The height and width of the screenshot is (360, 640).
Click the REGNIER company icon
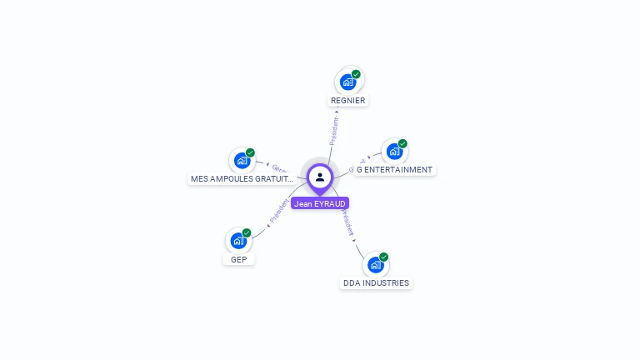(x=347, y=82)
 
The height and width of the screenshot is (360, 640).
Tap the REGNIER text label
(x=347, y=101)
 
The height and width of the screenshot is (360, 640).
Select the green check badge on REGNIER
(x=356, y=74)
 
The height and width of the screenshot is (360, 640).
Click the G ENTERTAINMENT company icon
(x=394, y=152)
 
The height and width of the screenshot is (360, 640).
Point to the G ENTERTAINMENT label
(x=394, y=170)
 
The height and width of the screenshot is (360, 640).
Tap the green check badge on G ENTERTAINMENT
(x=402, y=143)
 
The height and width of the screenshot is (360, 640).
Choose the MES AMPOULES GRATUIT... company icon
(x=242, y=160)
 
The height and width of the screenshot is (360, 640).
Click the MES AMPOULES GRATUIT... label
(x=242, y=178)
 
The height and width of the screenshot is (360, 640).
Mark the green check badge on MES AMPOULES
(x=250, y=152)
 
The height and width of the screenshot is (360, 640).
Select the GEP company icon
(x=238, y=241)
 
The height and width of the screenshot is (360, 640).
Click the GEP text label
(x=238, y=259)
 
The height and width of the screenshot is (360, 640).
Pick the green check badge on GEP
(x=247, y=233)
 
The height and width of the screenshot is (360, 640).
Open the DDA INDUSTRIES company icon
(x=376, y=265)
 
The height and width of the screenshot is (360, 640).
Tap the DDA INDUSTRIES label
(x=376, y=283)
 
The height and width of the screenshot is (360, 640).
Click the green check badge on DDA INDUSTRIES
(x=384, y=257)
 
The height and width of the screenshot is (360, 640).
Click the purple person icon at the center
(x=320, y=177)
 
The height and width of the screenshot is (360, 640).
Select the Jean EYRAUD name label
(x=320, y=203)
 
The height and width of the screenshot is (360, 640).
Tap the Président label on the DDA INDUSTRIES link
(x=348, y=222)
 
